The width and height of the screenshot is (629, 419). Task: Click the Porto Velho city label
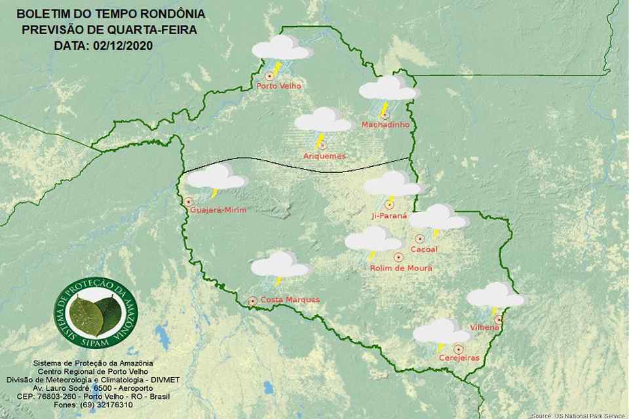click(x=275, y=86)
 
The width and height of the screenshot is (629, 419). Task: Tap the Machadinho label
click(x=385, y=124)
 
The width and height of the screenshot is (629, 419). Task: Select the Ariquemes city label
click(x=324, y=156)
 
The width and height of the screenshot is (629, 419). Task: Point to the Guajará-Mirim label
click(x=218, y=210)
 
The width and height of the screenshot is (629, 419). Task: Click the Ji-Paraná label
click(x=389, y=215)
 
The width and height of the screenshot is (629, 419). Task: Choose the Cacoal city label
click(x=423, y=249)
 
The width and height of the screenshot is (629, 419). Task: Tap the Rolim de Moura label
click(x=401, y=268)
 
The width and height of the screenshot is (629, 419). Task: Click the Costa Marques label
click(x=290, y=300)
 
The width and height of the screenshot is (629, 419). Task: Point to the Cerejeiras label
click(x=460, y=358)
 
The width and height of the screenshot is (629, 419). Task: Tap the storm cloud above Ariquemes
click(x=323, y=122)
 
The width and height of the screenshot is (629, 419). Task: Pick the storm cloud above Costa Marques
click(x=280, y=266)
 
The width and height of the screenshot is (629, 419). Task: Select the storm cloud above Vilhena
click(x=495, y=296)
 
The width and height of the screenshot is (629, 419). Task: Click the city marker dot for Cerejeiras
click(x=458, y=349)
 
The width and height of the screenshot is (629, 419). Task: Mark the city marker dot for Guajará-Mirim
click(x=189, y=202)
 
